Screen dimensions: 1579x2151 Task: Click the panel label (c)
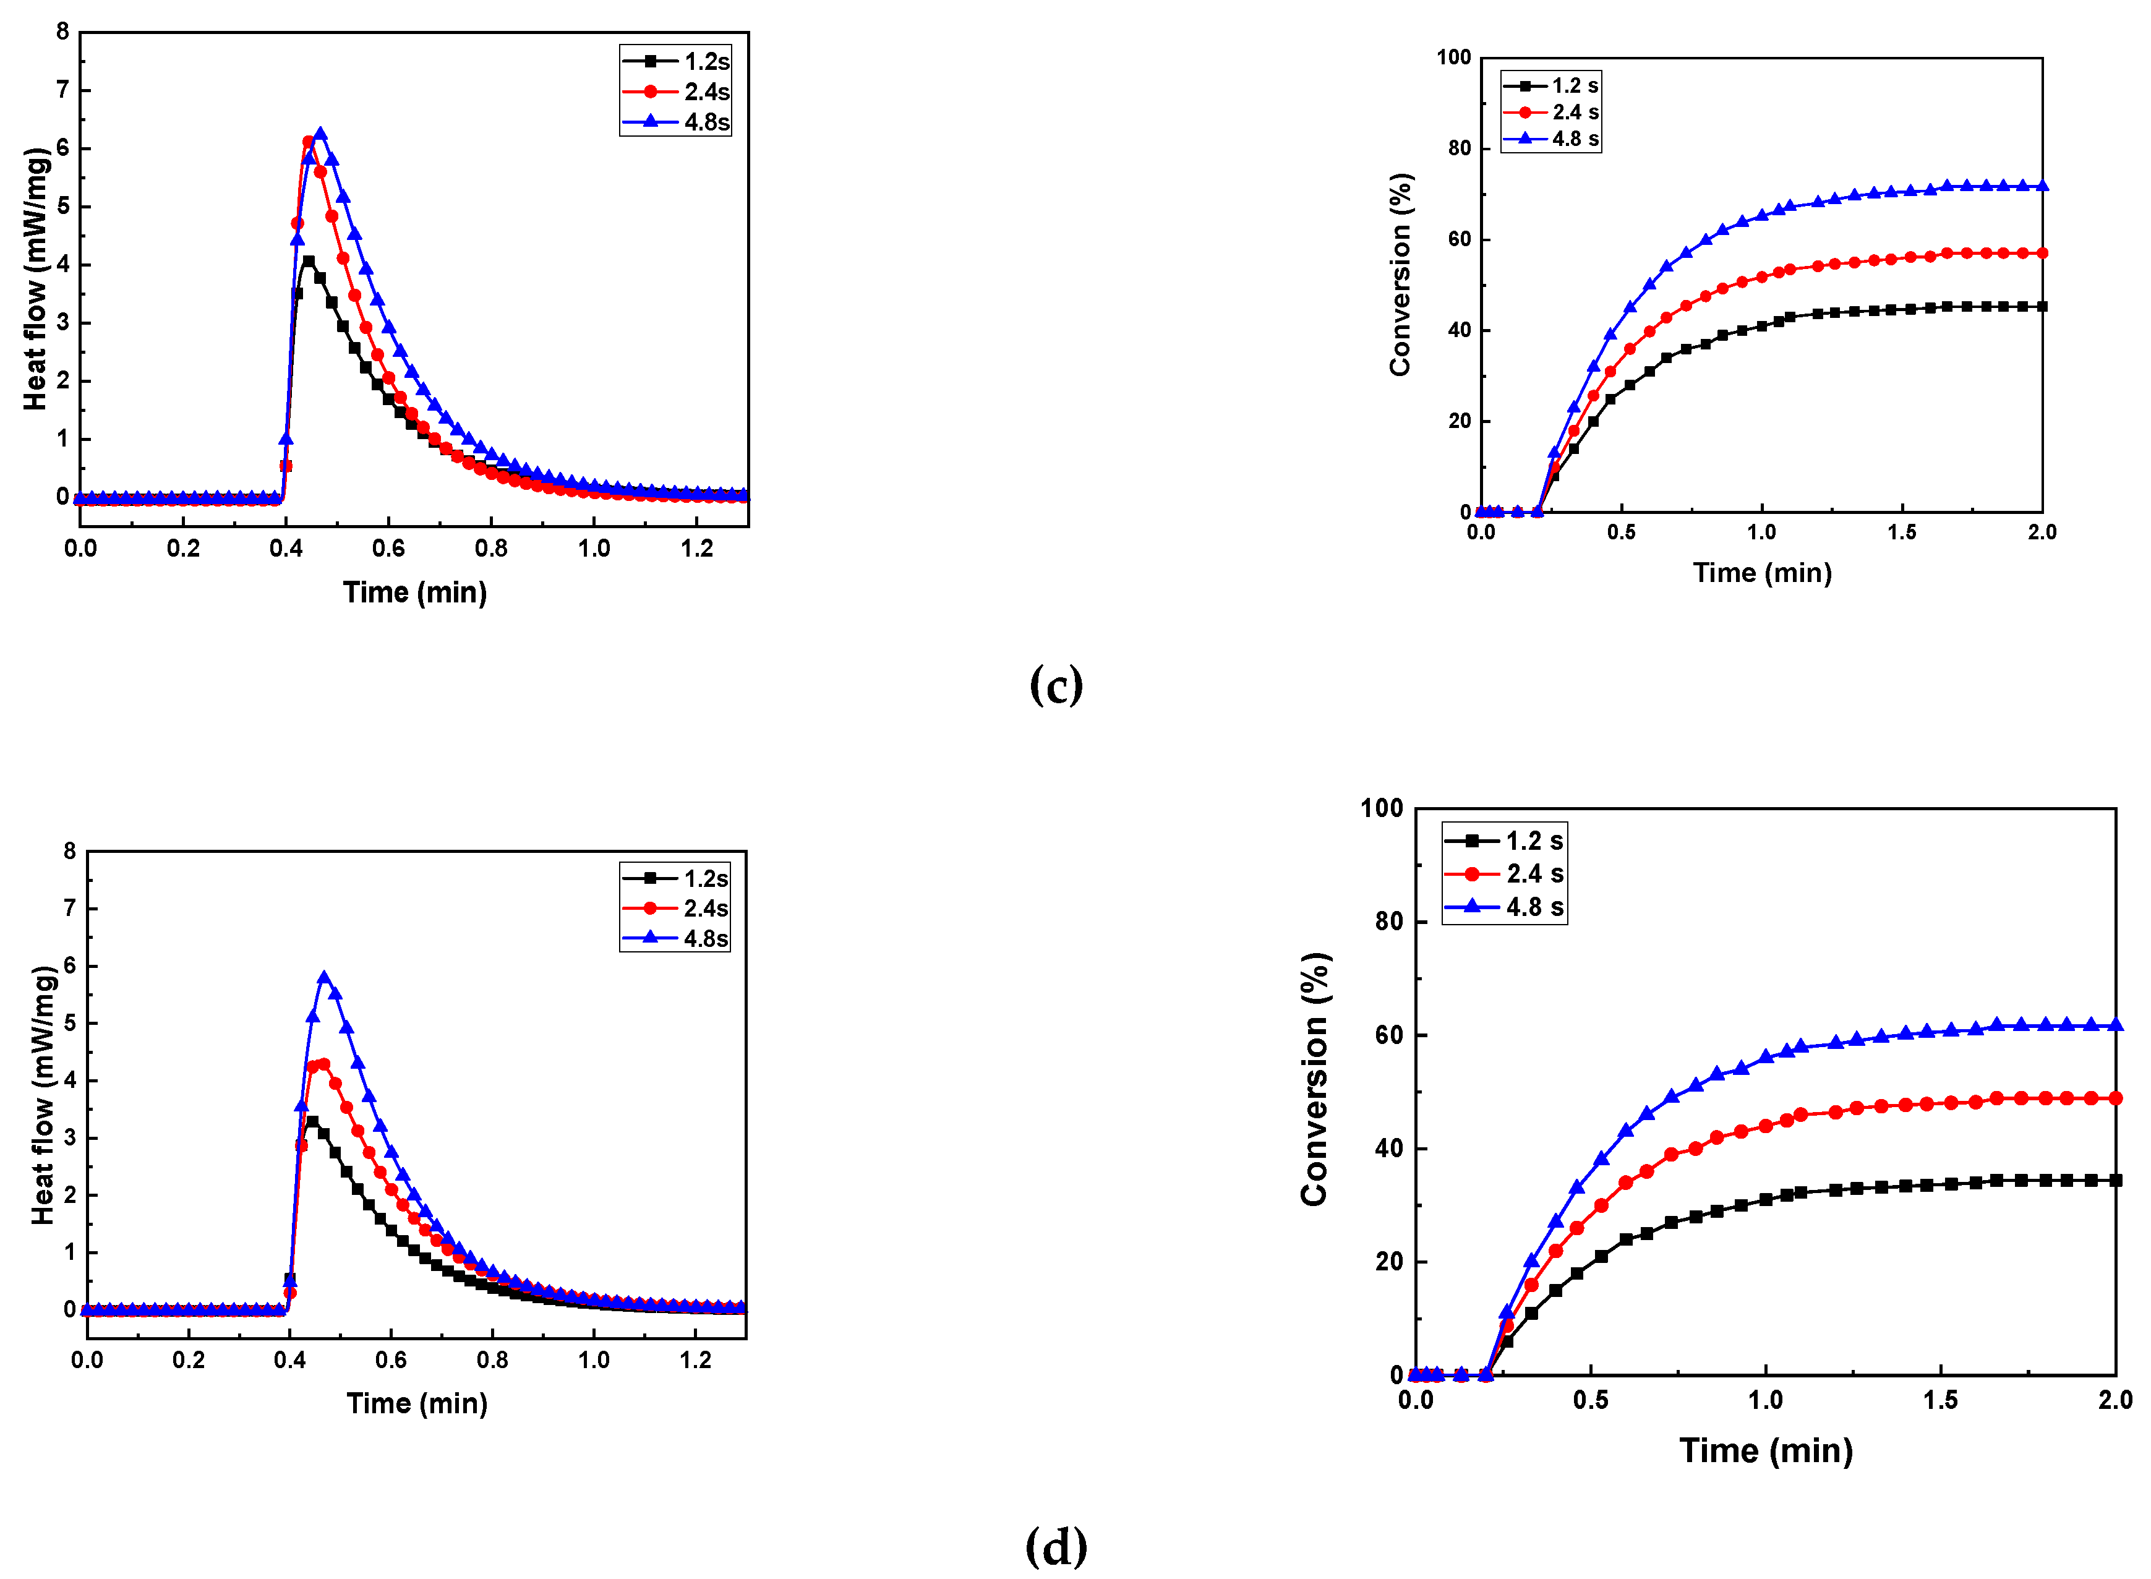pyautogui.click(x=1056, y=685)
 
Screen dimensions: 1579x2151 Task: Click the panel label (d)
pyautogui.click(x=1056, y=1546)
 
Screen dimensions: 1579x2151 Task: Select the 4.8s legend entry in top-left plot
pyautogui.click(x=677, y=122)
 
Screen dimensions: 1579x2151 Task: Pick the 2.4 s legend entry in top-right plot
pyautogui.click(x=1551, y=113)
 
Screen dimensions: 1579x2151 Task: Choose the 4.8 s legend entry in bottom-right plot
pyautogui.click(x=1505, y=907)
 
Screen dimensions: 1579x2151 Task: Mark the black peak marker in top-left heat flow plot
pyautogui.click(x=308, y=261)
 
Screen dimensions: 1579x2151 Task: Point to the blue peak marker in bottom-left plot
pyautogui.click(x=324, y=978)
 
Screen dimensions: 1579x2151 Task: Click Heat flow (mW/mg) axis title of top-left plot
pyautogui.click(x=35, y=279)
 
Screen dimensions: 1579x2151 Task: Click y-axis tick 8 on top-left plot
pyautogui.click(x=63, y=32)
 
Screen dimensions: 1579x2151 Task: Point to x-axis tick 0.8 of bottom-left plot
pyautogui.click(x=492, y=1360)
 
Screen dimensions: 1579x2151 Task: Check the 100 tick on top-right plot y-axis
pyautogui.click(x=1453, y=58)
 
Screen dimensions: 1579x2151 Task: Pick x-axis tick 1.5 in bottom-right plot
pyautogui.click(x=1940, y=1401)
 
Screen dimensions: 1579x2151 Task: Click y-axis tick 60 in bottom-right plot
pyautogui.click(x=1388, y=1035)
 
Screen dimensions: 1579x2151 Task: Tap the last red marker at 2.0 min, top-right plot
pyautogui.click(x=2042, y=254)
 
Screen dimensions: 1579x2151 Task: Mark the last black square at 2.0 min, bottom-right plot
pyautogui.click(x=2116, y=1181)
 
